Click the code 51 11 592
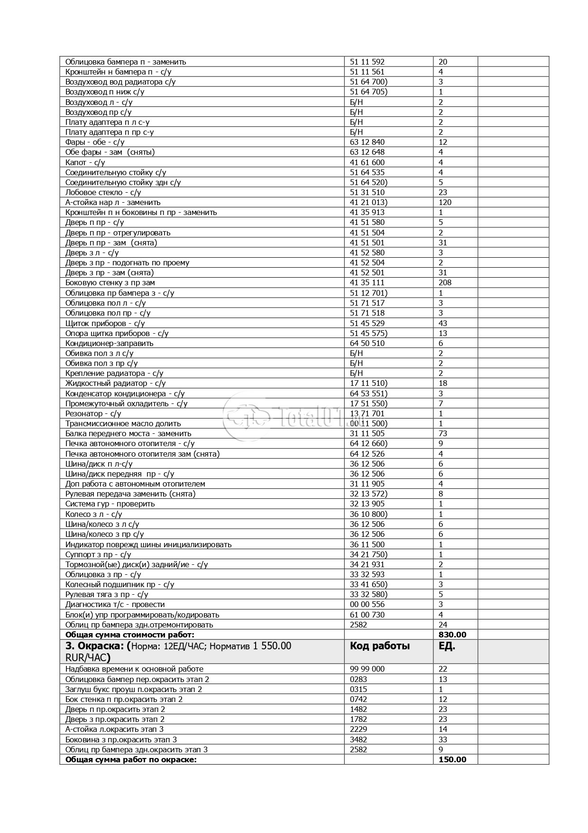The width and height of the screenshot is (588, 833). tap(367, 62)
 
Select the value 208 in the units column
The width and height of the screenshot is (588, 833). tap(445, 282)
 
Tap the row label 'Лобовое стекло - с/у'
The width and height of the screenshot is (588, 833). tap(103, 192)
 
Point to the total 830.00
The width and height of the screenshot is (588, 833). tap(452, 635)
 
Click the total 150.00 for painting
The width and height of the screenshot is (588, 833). tap(452, 759)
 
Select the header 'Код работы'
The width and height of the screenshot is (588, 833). tap(379, 646)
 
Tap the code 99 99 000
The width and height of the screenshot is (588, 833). tap(367, 669)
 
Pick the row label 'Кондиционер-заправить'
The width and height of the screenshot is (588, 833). tap(109, 343)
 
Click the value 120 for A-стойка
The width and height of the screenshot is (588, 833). tap(445, 202)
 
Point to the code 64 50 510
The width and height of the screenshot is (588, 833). tap(367, 343)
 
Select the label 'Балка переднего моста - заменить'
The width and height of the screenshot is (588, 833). tap(128, 433)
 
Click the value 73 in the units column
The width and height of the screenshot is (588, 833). tap(443, 433)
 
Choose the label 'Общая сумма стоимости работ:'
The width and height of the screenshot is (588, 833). tap(130, 635)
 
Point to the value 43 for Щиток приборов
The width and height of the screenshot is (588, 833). tap(443, 323)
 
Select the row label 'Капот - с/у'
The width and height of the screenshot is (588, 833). tap(85, 162)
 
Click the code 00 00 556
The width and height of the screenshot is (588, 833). tap(367, 604)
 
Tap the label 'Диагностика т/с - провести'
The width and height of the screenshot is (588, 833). tap(115, 604)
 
